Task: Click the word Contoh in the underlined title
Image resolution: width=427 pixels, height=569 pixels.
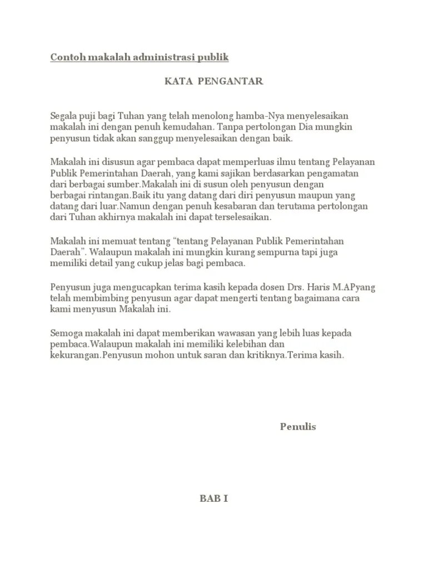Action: (65, 57)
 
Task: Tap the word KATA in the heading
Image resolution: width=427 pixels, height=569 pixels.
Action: (176, 82)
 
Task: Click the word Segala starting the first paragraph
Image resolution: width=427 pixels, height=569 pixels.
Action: (64, 116)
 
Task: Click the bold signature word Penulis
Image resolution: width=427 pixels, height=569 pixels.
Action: (298, 427)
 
